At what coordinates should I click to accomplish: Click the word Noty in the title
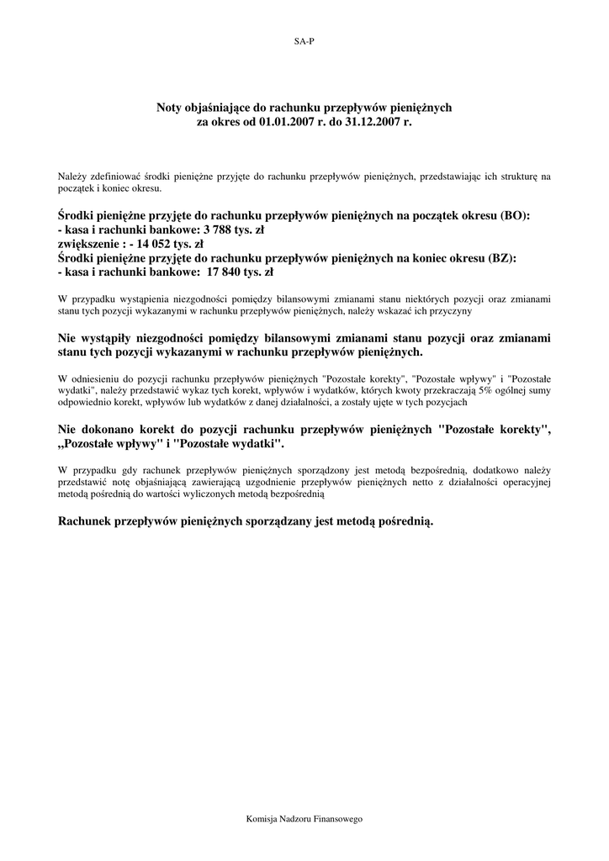[x=171, y=108]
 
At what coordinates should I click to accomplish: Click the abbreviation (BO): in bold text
[x=515, y=215]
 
